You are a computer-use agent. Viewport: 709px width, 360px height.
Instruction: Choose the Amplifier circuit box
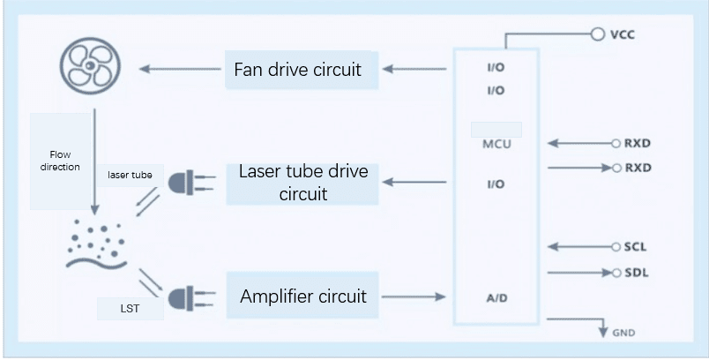coord(302,296)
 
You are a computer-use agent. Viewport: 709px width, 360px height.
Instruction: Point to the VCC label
coord(622,35)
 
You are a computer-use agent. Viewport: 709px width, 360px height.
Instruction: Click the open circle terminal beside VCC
coord(596,35)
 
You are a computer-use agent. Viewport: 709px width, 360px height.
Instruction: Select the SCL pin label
coord(635,248)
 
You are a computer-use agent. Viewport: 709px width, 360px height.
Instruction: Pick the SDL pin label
coord(635,273)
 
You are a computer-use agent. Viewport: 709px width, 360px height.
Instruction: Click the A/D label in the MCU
coord(496,298)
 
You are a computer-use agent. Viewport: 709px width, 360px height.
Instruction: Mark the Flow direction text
coord(60,161)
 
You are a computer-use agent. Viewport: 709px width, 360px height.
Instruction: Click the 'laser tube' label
coord(130,176)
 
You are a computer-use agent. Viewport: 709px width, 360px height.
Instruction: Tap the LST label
coord(129,311)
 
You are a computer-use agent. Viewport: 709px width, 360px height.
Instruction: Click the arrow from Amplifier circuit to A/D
coord(414,296)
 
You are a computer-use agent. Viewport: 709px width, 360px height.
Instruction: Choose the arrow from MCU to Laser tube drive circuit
coord(415,183)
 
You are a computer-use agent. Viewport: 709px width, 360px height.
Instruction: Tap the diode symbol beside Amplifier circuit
coord(183,296)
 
